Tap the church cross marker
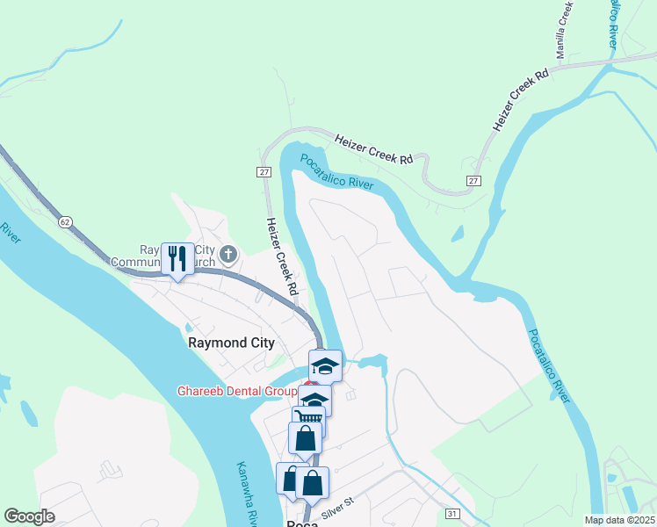coord(228,256)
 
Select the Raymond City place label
coord(232,343)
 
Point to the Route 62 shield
coord(65,222)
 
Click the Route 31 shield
coord(452,513)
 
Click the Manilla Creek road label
coord(564,29)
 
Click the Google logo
coord(30,516)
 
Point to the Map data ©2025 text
coord(617,520)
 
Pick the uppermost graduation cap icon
coord(325,365)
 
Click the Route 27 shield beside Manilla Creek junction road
coord(474,180)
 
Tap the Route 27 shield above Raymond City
coord(264,172)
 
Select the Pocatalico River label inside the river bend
coord(337,171)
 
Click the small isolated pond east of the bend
coord(457,235)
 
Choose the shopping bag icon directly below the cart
coord(305,437)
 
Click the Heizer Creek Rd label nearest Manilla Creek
coord(521,101)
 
